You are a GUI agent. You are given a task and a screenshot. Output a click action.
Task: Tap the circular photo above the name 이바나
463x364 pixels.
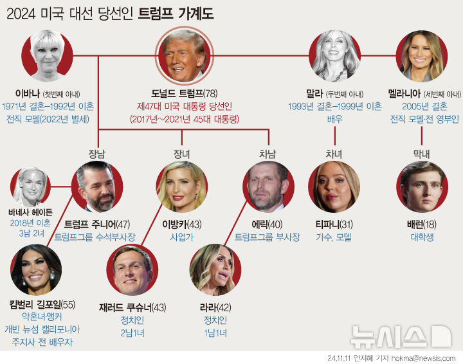point(47,57)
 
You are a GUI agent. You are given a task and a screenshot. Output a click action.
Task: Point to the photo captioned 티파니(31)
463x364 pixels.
point(334,187)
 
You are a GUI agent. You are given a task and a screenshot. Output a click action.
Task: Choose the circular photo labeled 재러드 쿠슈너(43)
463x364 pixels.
point(132,270)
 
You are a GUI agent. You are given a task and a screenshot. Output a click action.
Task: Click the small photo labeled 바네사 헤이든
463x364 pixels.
point(30,186)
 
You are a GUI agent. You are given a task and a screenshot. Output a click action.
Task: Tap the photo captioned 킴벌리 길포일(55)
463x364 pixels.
point(36,270)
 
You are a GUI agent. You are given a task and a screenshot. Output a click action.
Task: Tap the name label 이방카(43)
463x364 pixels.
point(182,224)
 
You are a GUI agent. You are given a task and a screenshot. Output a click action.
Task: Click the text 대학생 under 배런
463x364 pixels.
point(421,237)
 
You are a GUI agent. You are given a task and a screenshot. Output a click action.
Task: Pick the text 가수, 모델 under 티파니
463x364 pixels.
point(334,237)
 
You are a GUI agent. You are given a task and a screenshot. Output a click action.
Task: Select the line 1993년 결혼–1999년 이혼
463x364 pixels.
point(335,106)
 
